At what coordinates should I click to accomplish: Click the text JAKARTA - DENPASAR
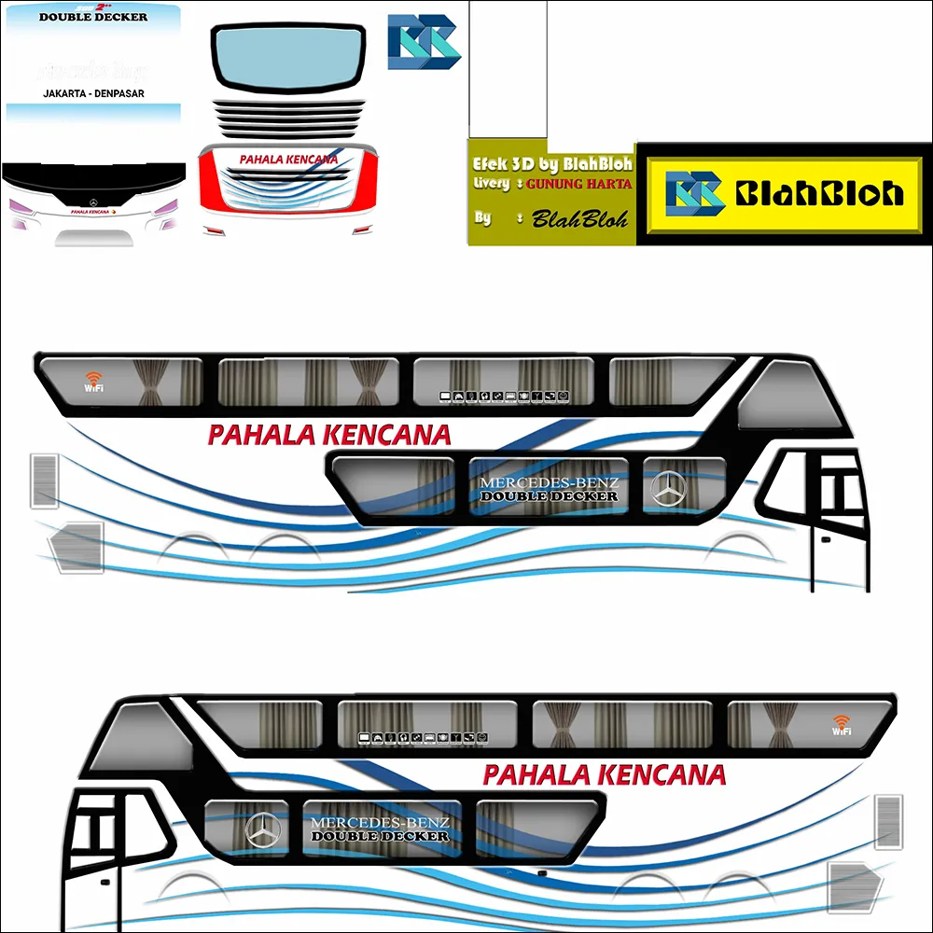pos(93,93)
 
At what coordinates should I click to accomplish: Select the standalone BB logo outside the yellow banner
pos(424,43)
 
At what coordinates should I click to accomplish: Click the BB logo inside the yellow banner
pos(695,193)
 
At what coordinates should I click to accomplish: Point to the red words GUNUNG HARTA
pos(578,184)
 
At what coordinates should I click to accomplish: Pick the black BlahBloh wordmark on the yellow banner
pos(819,193)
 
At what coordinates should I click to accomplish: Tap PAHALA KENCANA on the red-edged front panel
pos(288,160)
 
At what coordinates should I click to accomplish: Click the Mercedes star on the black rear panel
pos(93,202)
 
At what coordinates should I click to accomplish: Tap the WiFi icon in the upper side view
pos(93,380)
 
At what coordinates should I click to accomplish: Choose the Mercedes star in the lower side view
pos(262,829)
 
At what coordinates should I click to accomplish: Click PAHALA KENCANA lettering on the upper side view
pos(328,435)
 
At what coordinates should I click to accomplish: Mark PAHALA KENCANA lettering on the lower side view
pos(604,774)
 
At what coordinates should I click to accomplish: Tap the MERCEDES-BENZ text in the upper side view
pos(549,482)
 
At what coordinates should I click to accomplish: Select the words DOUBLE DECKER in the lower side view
pos(380,837)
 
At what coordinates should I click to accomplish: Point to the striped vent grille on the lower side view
pos(887,821)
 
